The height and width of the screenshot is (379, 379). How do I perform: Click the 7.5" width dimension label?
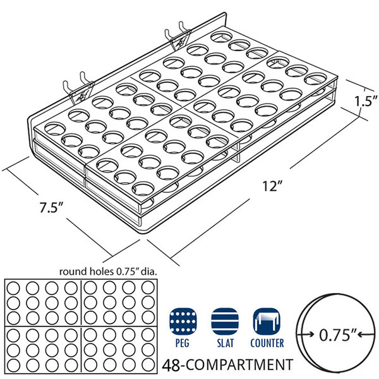(x=52, y=207)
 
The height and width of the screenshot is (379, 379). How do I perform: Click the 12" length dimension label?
(x=272, y=186)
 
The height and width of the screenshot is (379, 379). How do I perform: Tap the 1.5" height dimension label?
(x=366, y=101)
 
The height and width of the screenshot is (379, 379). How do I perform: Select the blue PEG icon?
(x=183, y=322)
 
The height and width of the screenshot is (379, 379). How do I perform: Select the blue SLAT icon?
(x=225, y=322)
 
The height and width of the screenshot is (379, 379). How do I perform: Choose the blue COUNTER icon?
(x=267, y=322)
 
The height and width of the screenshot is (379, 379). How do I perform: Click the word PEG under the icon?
(x=183, y=343)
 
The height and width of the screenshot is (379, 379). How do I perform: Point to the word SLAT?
(x=225, y=343)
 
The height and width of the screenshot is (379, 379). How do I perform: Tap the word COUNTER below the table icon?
(x=267, y=343)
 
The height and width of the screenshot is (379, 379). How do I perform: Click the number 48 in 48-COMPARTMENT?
(x=171, y=365)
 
